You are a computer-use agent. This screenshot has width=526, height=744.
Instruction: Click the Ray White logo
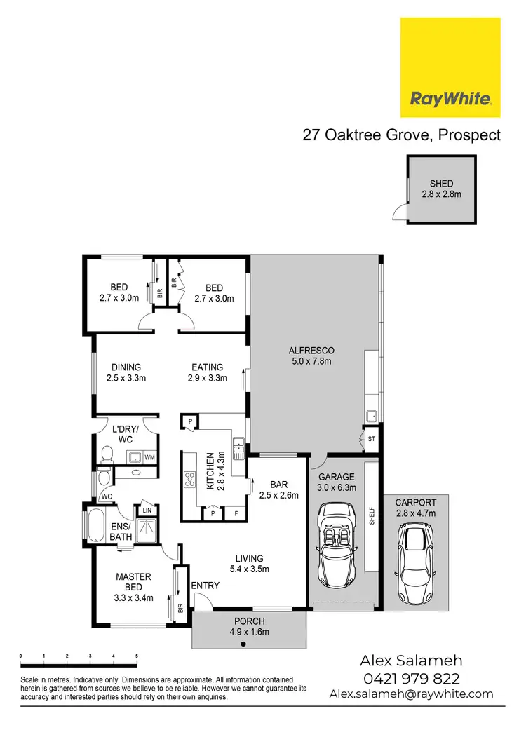coord(450,67)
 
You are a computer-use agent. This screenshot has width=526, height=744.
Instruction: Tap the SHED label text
coord(441,184)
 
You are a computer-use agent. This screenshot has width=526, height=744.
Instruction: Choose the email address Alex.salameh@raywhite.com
coord(411,694)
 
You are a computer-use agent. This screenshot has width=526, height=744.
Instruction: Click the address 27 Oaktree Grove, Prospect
coord(401,135)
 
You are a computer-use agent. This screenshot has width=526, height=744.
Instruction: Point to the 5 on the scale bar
coord(136,656)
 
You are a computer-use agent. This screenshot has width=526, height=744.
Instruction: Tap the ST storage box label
coord(371,439)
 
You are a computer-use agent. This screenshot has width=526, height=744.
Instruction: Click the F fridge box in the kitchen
coord(236,513)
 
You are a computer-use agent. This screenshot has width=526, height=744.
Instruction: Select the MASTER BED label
coord(133,582)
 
